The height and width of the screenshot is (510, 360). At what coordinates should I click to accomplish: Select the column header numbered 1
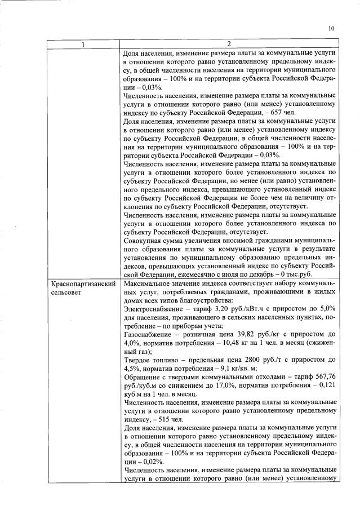[x=83, y=44]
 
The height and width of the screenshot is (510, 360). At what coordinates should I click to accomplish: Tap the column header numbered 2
[x=229, y=44]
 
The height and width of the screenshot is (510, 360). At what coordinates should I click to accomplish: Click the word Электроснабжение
[x=152, y=311]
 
